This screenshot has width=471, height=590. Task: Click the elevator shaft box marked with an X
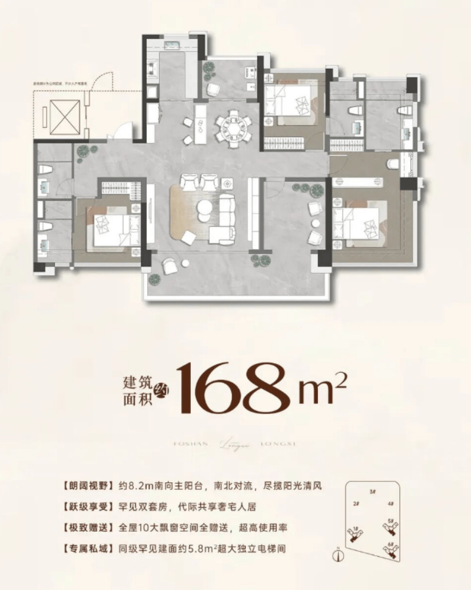(65, 112)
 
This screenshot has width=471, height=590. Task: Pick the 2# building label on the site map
(356, 504)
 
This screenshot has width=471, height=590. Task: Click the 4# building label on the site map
(390, 504)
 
